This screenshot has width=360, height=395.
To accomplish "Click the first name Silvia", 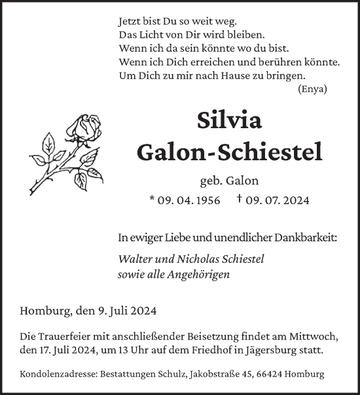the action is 229,120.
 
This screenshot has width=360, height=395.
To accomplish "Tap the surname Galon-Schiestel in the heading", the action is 229,152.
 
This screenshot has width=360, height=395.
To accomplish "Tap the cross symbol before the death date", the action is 240,199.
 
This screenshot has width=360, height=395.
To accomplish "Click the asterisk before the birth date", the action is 153,199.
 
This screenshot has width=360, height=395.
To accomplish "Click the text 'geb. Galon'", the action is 229,181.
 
